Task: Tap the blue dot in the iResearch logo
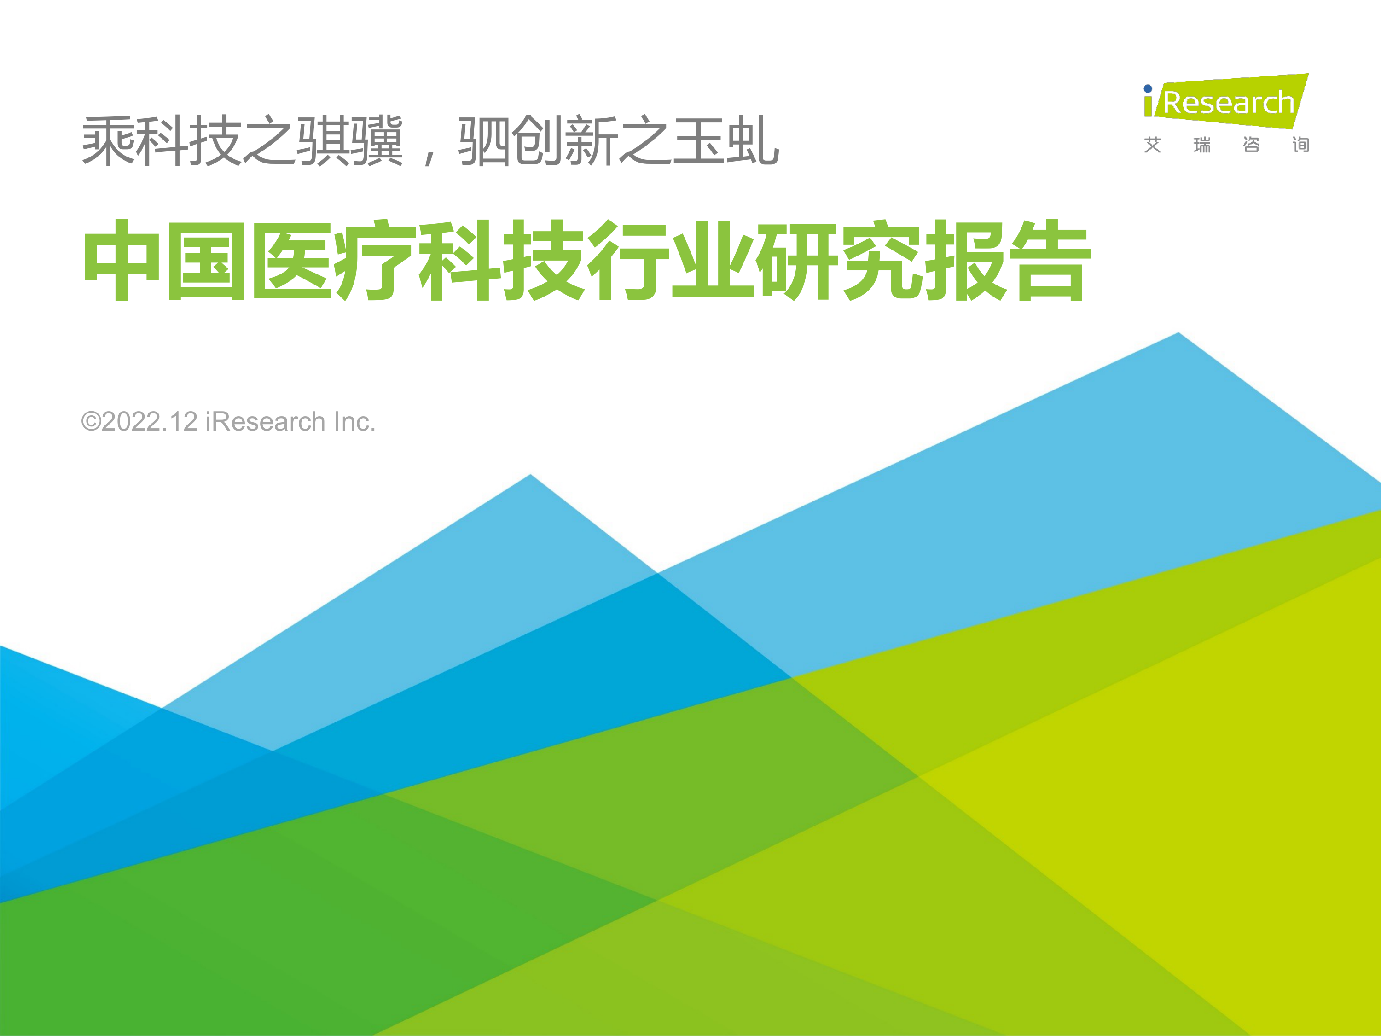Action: (x=1148, y=89)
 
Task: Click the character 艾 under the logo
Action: (x=1153, y=145)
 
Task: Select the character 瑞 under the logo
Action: (x=1202, y=145)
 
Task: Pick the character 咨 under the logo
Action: (x=1251, y=145)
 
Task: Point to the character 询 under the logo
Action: (x=1300, y=145)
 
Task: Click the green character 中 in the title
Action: (x=122, y=260)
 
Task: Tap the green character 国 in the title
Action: (x=206, y=260)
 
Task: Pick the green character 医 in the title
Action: (x=291, y=260)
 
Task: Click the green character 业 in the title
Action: (x=712, y=260)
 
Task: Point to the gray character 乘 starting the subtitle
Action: (x=108, y=140)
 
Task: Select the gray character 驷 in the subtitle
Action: (x=484, y=140)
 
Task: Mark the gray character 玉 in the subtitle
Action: (x=699, y=140)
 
